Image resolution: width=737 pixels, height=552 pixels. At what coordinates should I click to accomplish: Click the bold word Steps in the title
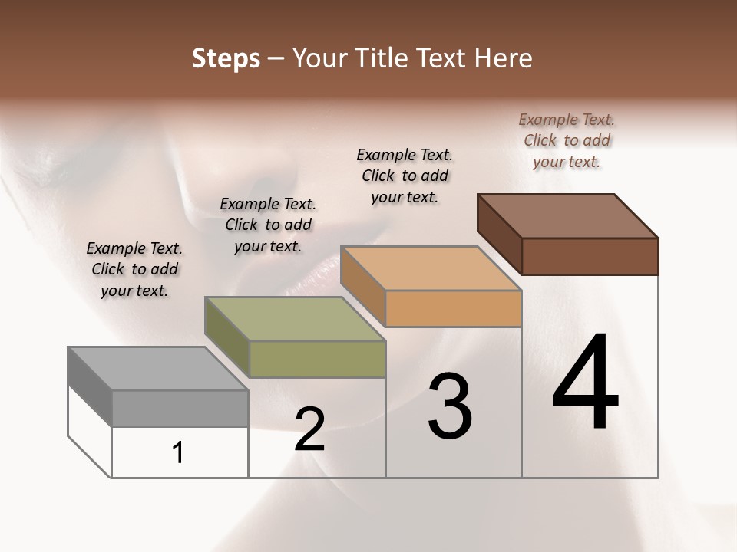pos(226,58)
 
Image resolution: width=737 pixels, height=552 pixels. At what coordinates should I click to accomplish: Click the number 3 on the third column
pos(450,406)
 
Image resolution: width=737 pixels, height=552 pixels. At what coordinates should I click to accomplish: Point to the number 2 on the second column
pos(309,429)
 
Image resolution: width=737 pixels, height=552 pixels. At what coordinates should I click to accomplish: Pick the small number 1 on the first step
pos(178,452)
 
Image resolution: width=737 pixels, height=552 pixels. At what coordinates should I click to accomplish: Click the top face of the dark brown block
pos(568,216)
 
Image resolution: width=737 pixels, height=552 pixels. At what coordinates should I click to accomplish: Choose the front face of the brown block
pos(590,256)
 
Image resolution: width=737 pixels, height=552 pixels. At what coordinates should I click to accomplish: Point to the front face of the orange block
pos(453,308)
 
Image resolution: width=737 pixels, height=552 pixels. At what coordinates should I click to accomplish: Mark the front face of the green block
pos(317,359)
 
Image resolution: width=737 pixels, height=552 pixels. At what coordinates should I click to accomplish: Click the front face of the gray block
pos(180,408)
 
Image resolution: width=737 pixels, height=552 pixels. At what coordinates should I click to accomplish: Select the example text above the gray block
pos(134,269)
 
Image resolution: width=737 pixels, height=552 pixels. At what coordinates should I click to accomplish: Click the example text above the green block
pos(268,225)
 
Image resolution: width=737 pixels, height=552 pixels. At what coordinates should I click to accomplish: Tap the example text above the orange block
pos(405,176)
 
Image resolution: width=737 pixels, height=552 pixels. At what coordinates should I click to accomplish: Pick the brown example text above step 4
pos(567,140)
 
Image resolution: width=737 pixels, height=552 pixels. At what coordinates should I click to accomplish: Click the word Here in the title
pos(504,58)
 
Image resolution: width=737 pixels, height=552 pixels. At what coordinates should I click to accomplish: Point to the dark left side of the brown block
pos(500,234)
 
